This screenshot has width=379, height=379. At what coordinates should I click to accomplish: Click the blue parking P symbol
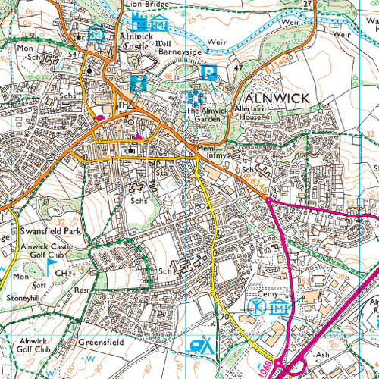tap(209, 73)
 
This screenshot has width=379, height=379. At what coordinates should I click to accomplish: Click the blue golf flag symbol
tap(52, 266)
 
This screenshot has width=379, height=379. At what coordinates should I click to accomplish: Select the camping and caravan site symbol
tap(201, 346)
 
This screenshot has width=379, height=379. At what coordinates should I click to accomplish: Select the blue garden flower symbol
tap(196, 98)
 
